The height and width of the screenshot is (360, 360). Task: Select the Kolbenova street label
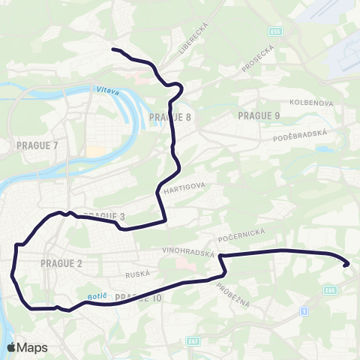[306, 101]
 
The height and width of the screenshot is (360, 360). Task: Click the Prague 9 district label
[259, 115]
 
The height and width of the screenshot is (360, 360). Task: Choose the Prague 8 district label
[170, 118]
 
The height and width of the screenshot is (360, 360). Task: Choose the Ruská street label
[140, 274]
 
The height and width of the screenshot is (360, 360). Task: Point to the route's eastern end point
[346, 264]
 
